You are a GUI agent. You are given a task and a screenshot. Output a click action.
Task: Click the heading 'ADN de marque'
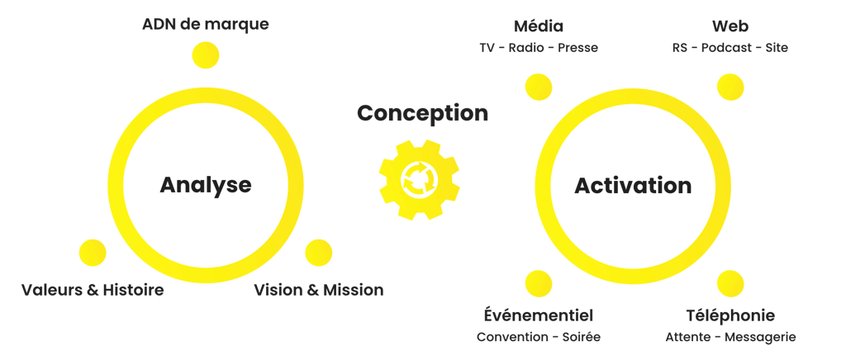coord(205,25)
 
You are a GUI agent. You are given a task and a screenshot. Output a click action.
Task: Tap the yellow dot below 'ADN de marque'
coord(206,55)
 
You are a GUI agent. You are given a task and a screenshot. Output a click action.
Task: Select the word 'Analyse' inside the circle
coord(206,185)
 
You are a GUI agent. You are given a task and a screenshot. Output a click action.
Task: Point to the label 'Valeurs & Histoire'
coord(93,290)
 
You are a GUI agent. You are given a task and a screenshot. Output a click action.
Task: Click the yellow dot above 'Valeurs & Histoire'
coord(93,253)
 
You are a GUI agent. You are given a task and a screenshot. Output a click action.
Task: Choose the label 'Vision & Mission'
coord(318,290)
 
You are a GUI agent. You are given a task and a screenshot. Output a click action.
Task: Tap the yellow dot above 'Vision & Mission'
coord(318,253)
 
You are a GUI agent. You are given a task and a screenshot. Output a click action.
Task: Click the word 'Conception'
coord(422,114)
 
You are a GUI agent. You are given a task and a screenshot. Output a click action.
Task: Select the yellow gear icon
coord(419,179)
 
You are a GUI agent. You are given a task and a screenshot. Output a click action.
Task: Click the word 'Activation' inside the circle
coord(633,186)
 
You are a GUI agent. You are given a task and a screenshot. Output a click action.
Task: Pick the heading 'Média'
coord(539,26)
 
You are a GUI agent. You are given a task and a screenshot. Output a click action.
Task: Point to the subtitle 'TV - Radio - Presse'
coord(539,47)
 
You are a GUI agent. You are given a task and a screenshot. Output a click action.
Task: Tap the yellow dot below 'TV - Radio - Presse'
coord(539,87)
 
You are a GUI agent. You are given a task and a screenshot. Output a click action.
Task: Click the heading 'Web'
coord(730,26)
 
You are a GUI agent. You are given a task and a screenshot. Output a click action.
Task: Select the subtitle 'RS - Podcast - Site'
coord(730,47)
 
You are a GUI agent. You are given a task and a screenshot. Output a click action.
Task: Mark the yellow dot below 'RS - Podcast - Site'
coord(730,87)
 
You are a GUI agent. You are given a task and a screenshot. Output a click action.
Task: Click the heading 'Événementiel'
coord(539,315)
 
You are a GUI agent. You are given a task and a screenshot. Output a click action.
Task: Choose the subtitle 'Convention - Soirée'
coord(539,337)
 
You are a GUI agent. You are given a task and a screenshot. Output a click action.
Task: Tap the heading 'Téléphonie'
coord(730,315)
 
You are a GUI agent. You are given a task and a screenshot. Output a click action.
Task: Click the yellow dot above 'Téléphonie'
coord(730,283)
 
